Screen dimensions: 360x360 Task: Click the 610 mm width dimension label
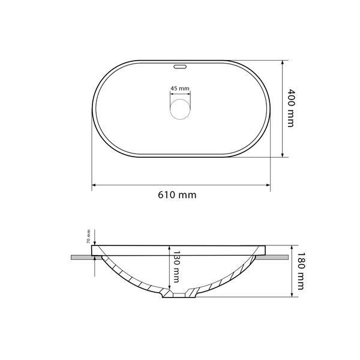177,195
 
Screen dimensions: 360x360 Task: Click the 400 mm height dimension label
291,108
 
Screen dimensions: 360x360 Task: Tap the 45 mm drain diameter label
180,88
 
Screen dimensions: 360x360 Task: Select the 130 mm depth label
176,267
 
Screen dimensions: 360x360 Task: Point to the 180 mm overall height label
301,271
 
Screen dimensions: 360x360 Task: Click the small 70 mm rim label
89,236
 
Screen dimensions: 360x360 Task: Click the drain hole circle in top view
180,109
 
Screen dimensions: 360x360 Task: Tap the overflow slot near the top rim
180,67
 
